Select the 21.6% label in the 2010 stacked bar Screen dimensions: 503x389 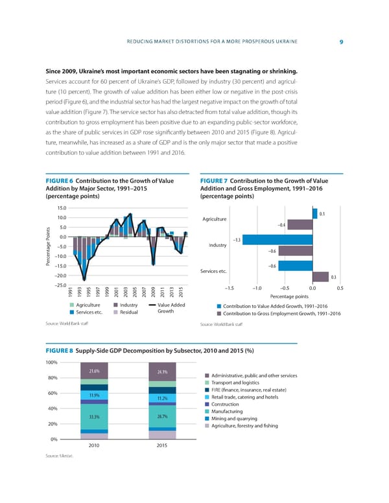[x=94, y=371]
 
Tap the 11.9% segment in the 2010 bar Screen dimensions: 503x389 [x=94, y=395]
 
